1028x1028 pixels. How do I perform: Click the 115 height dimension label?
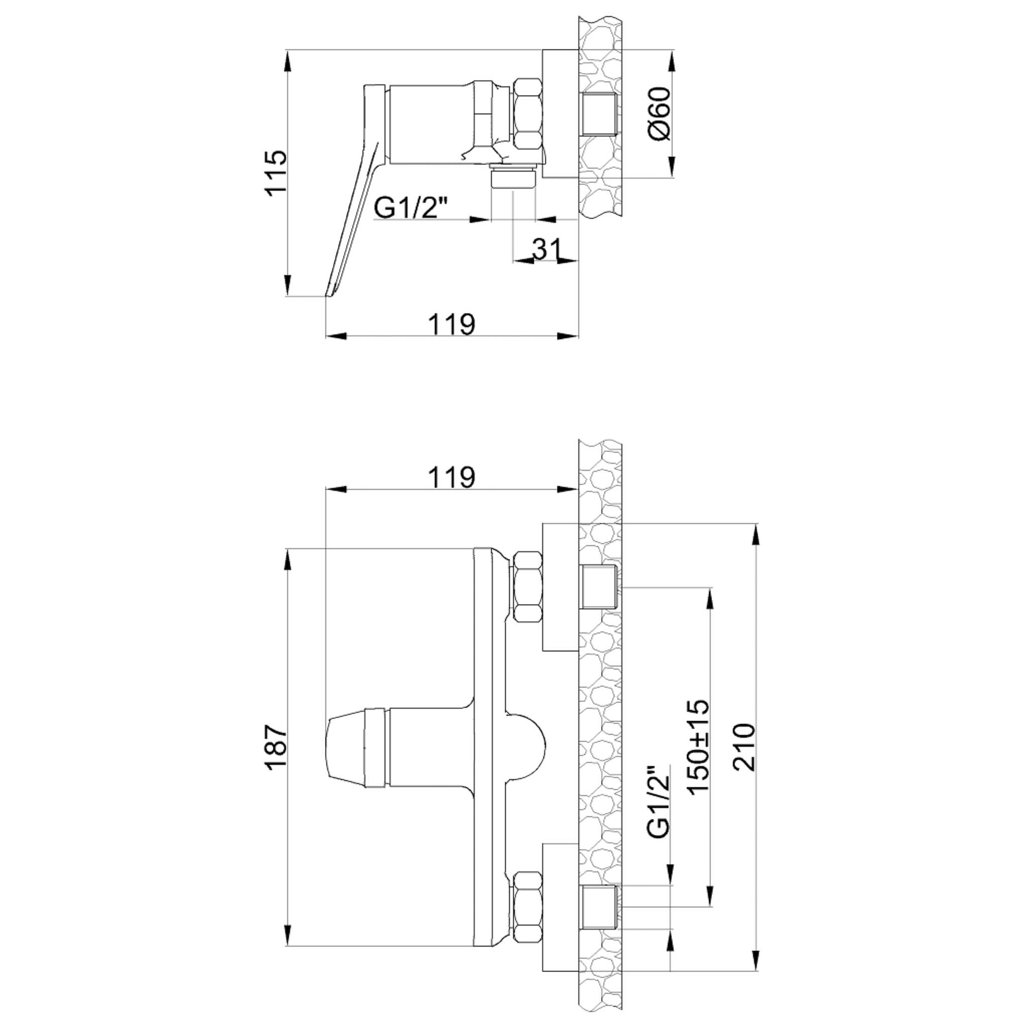tap(277, 174)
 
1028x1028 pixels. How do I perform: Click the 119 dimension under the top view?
tap(452, 324)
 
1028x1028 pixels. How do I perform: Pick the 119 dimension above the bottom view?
tap(452, 477)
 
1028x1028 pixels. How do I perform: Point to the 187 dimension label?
tap(277, 747)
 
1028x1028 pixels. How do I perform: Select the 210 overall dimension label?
tap(744, 747)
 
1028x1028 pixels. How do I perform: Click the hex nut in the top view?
tap(528, 114)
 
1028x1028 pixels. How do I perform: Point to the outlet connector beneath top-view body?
tap(512, 177)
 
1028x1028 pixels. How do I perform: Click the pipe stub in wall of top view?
tap(600, 114)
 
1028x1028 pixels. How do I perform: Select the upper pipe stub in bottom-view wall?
tap(600, 587)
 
